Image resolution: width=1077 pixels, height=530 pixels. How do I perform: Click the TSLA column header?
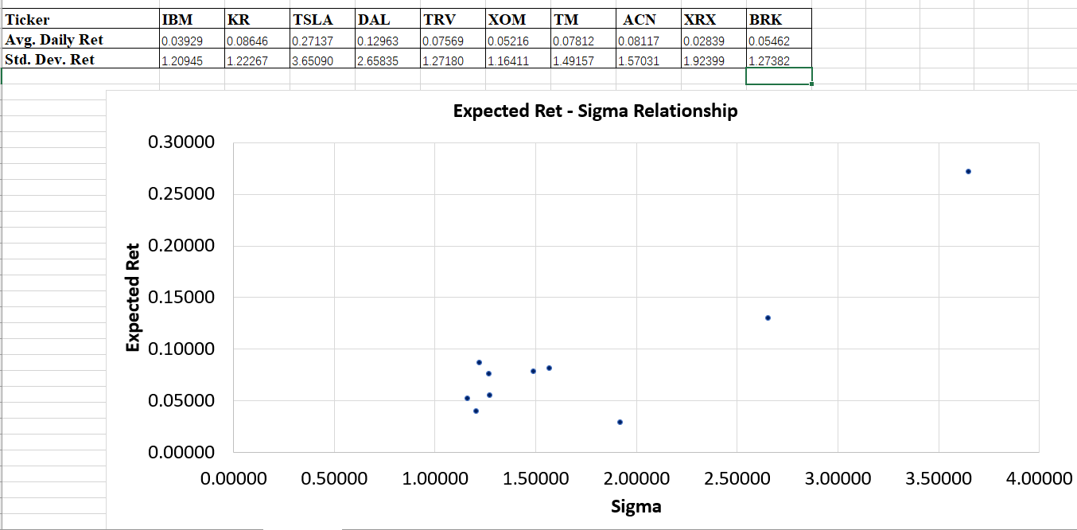[313, 20]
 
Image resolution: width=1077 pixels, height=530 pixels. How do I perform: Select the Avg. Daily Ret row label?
[54, 40]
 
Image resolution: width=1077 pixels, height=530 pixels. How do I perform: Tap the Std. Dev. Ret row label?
[50, 60]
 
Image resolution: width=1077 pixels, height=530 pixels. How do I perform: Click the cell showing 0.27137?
[312, 41]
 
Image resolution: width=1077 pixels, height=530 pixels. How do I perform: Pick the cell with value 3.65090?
[312, 60]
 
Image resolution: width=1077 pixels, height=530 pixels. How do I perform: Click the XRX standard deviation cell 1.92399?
[704, 60]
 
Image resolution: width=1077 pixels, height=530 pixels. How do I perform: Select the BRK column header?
[764, 20]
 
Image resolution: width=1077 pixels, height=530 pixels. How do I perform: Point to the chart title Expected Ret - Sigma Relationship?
[595, 111]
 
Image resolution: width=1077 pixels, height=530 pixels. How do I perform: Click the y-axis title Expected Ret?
[133, 297]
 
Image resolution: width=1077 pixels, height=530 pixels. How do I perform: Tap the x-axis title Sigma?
[636, 506]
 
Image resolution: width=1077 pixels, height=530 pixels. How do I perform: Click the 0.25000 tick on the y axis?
[181, 194]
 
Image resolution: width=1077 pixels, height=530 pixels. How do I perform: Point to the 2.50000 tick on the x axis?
[737, 479]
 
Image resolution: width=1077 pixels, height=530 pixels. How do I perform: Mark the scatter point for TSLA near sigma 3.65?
[968, 171]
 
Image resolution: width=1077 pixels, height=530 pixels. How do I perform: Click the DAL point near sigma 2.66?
[768, 318]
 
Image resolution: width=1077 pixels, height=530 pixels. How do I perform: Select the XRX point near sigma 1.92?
[620, 422]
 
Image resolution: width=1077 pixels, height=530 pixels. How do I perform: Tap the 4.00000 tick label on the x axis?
[1037, 479]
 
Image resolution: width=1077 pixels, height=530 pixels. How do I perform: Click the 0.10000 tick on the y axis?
[181, 349]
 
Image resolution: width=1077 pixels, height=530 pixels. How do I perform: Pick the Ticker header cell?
[27, 20]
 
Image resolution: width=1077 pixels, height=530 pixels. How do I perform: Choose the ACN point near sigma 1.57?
[549, 368]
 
